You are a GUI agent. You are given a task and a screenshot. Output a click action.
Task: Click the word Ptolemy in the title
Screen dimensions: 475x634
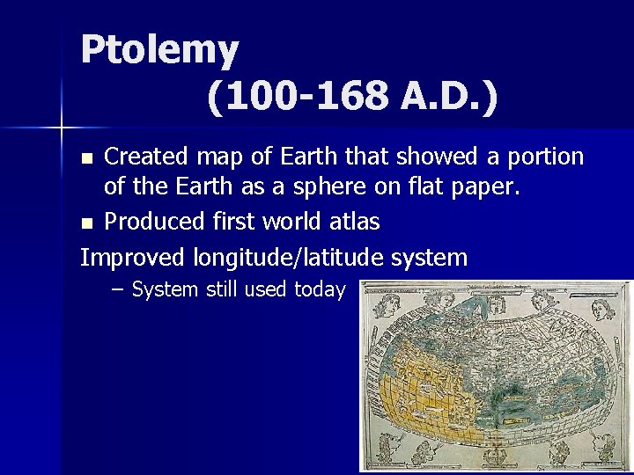[x=159, y=50]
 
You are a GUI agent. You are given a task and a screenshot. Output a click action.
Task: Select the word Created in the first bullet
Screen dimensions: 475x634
[x=146, y=157]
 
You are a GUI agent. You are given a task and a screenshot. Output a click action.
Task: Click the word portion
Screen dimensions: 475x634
[x=547, y=157]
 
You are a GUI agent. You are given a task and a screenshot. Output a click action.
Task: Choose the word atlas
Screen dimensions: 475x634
[x=353, y=222]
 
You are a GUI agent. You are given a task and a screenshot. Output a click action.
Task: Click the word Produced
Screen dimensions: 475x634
[x=154, y=222]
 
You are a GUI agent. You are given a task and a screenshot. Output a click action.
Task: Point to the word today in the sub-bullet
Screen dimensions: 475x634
[x=320, y=290]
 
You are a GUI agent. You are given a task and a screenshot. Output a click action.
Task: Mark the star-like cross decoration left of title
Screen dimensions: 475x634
[x=61, y=128]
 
